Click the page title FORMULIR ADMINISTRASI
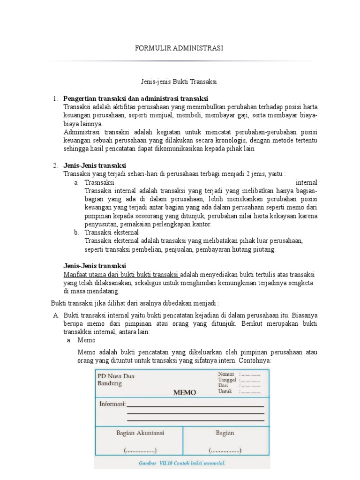coord(179,48)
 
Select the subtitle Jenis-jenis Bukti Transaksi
coord(179,82)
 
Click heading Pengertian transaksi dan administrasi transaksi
coord(135,99)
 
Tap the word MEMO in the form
coord(185,393)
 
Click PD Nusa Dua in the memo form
coord(115,376)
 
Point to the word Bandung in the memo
coord(109,383)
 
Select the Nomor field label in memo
coord(225,374)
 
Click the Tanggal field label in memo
coord(227,380)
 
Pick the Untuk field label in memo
coord(225,391)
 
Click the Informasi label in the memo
coord(112,404)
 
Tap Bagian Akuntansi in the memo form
coord(140,433)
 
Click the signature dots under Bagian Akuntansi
coord(140,450)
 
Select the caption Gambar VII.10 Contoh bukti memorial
coord(182,464)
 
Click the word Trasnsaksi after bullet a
coord(99,182)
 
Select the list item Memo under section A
coord(86,340)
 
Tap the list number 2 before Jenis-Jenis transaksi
coord(55,165)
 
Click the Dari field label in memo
coord(223,385)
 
